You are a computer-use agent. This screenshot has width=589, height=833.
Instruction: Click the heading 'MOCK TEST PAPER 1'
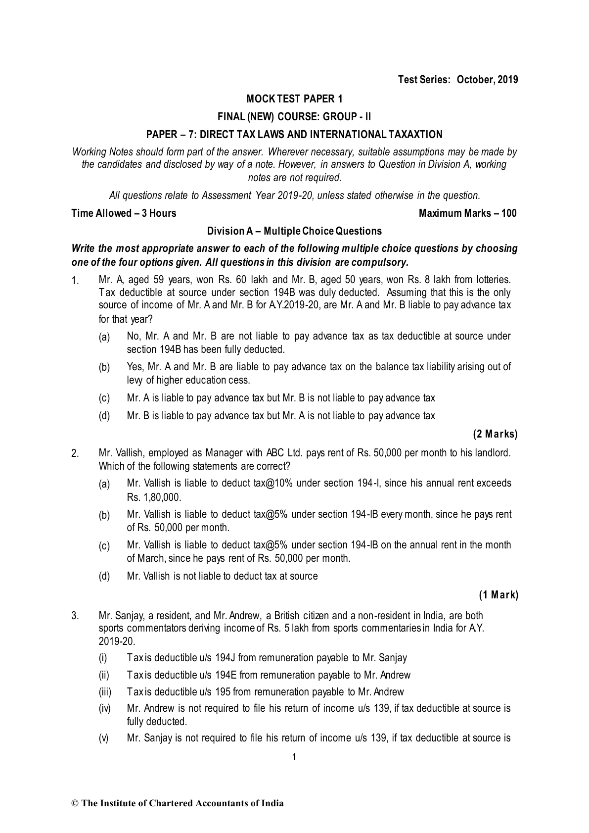(294, 98)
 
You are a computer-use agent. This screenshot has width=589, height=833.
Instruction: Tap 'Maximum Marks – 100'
(467, 213)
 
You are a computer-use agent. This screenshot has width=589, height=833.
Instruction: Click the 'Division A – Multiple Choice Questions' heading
(294, 231)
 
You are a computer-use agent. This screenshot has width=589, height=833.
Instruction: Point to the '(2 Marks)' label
(495, 435)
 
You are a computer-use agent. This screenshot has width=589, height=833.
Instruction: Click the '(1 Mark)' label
(498, 595)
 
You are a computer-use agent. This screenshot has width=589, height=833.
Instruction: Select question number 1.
(75, 282)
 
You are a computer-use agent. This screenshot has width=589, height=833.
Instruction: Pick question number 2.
(75, 453)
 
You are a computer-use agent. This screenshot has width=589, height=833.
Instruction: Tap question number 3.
(75, 616)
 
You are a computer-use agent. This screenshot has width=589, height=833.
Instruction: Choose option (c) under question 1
(104, 398)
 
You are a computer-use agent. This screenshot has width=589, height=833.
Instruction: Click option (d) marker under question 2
(104, 577)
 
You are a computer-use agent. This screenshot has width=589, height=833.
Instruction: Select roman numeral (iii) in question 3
(105, 692)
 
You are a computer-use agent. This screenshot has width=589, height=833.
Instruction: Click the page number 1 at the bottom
(294, 757)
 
